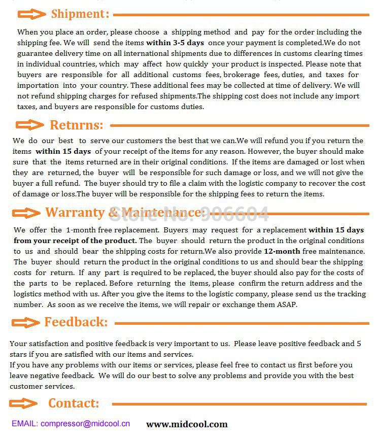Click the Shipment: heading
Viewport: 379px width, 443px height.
[80, 14]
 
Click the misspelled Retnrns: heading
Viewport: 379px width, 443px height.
[76, 125]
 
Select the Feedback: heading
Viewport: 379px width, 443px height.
[76, 322]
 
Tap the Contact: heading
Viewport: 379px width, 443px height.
[74, 403]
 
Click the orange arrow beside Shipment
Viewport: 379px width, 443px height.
[31, 14]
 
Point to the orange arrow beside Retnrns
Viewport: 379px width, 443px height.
[29, 125]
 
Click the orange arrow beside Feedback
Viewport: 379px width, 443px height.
[25, 322]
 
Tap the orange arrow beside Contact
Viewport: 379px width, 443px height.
[23, 403]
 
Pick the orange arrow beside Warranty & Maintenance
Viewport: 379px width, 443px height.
[26, 213]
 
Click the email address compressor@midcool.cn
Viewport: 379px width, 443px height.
[85, 423]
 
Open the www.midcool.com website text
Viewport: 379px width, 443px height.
[187, 424]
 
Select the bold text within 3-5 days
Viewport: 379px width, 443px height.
[175, 43]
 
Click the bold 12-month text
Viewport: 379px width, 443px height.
[282, 251]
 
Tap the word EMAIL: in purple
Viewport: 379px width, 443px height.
[24, 423]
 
